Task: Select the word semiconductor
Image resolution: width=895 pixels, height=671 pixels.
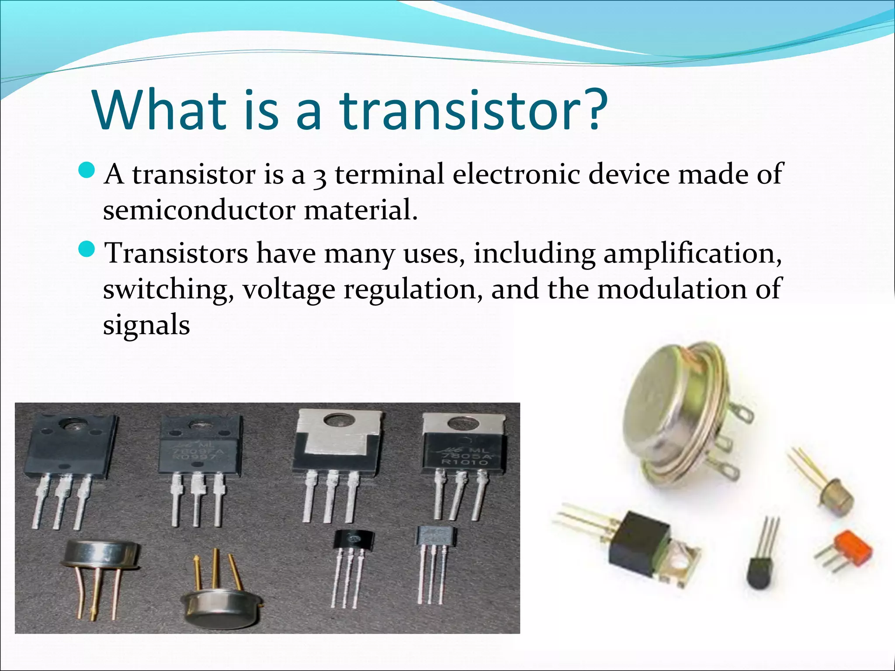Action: (199, 210)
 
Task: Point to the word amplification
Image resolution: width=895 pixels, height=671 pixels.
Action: (692, 254)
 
